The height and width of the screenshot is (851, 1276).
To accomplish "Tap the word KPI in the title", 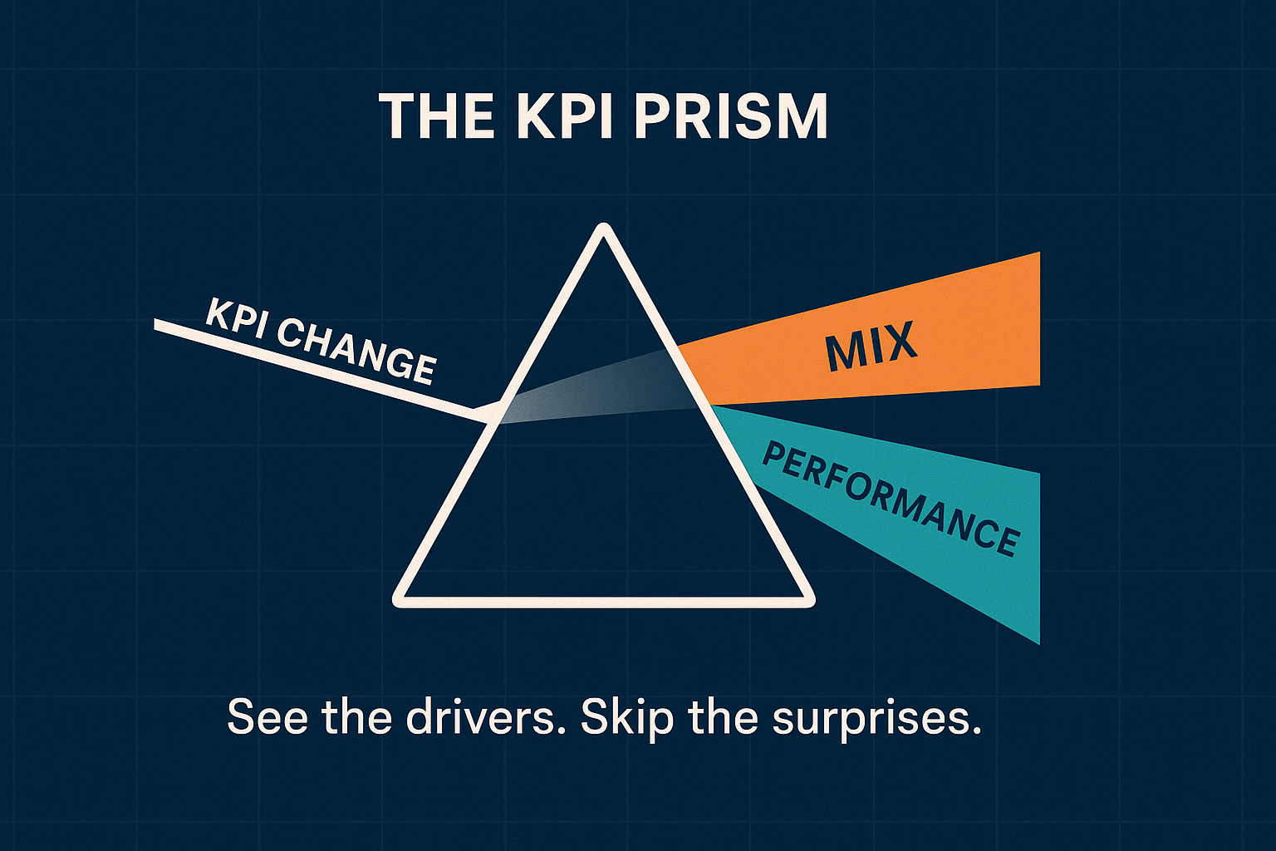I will coord(565,117).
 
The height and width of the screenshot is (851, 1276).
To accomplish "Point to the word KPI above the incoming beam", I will coord(236,317).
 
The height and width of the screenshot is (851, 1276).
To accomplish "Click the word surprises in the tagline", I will coord(876,716).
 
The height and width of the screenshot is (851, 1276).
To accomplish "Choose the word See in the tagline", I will coord(267,716).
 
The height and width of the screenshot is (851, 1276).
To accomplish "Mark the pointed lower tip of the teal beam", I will coord(1038,642).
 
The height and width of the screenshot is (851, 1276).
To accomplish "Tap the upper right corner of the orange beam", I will coord(1038,254).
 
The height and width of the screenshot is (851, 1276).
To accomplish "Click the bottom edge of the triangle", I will coord(604,602).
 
